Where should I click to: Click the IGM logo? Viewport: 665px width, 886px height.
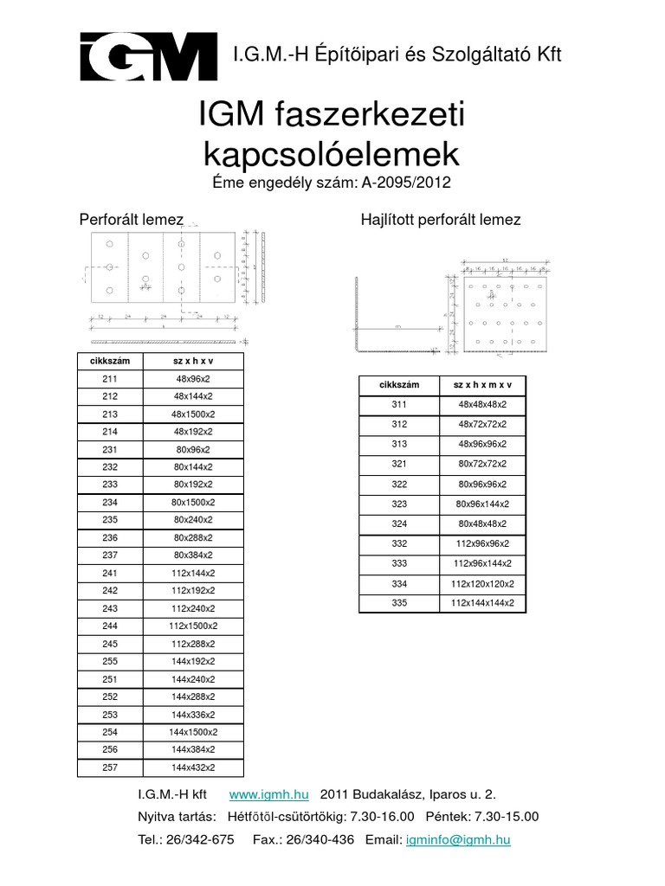point(147,56)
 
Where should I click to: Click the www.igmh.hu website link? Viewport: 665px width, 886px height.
point(270,794)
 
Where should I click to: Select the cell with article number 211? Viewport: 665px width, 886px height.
point(109,378)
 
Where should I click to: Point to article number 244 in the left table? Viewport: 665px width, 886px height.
point(109,626)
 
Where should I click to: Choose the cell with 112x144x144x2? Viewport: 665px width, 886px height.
point(482,602)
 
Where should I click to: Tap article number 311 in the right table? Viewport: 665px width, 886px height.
point(399,404)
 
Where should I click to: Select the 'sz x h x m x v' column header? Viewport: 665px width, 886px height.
point(482,384)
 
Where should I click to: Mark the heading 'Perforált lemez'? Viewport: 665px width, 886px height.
point(131,220)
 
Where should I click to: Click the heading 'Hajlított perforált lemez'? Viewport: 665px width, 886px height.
point(440,220)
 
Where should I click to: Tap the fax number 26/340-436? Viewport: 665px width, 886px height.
point(320,839)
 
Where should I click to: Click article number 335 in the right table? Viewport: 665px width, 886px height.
point(399,602)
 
